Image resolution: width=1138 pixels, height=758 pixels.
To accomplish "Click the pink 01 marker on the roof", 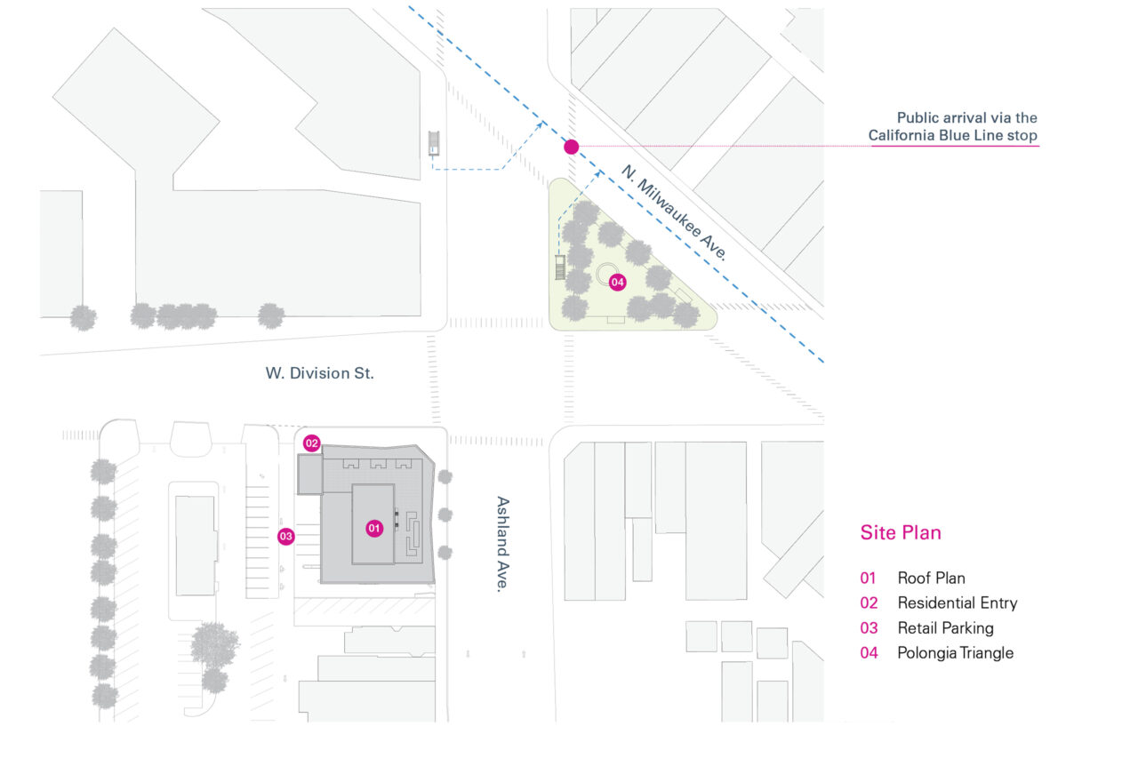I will (x=374, y=528).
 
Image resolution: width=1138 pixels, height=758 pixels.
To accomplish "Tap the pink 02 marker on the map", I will (x=311, y=443).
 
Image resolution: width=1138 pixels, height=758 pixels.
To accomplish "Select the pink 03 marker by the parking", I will (x=285, y=536).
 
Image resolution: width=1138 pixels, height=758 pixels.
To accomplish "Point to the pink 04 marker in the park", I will (x=617, y=282).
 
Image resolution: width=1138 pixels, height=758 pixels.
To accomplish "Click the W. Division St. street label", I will (x=319, y=373).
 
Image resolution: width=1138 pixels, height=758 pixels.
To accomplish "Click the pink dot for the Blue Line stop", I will (x=571, y=147).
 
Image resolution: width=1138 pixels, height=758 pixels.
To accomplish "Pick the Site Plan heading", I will (x=900, y=533).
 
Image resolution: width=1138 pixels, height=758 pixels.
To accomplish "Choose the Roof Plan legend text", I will (x=931, y=578).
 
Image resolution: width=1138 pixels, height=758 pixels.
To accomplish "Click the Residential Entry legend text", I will (x=957, y=603).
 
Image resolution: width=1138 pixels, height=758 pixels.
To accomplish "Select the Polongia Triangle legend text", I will (x=955, y=653).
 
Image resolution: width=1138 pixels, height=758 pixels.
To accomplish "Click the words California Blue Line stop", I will (x=953, y=135).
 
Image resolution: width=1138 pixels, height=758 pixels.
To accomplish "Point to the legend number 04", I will (x=869, y=653).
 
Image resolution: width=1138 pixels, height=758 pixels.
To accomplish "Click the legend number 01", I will (x=869, y=578).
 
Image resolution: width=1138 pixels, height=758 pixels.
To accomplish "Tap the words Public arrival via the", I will (x=966, y=117).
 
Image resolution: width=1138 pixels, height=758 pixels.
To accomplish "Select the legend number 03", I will (x=869, y=628).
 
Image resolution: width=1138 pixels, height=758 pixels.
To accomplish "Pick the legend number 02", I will (x=869, y=603).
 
